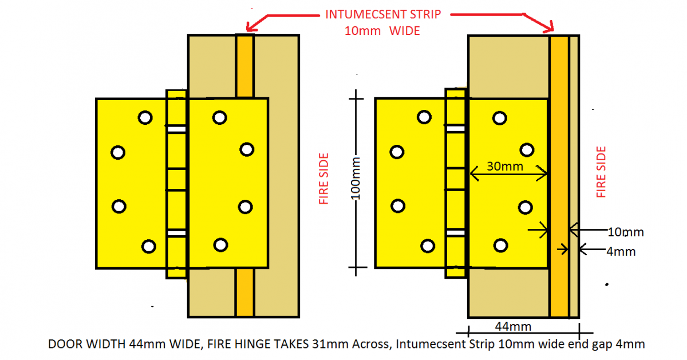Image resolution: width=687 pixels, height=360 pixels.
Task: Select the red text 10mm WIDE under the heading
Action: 382,31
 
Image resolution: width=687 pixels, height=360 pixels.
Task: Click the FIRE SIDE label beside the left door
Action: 323,178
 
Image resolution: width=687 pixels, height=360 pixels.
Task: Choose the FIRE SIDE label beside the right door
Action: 601,172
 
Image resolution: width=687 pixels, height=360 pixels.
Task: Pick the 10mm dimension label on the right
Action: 625,232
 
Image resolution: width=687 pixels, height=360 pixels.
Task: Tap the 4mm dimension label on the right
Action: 621,251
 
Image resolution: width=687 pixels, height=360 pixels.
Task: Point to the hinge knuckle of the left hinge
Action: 176,183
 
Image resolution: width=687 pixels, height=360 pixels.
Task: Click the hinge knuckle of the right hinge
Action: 456,183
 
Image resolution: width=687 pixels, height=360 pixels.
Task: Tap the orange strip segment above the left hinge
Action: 244,66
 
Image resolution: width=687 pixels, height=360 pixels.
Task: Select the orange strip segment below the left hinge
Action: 244,292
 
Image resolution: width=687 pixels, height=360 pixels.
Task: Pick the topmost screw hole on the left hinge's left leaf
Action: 145,117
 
